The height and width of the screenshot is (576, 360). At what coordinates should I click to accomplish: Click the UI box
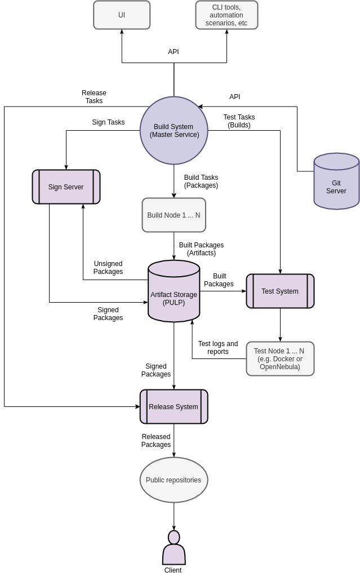point(122,15)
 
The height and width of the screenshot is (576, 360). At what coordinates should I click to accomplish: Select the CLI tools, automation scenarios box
point(226,15)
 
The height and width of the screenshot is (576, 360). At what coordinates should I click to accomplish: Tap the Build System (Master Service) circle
point(174,131)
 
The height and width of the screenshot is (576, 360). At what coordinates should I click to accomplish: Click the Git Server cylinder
point(336,181)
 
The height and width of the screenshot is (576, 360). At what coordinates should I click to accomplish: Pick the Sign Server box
point(66,187)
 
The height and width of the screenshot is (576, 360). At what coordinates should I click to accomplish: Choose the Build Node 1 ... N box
point(174,215)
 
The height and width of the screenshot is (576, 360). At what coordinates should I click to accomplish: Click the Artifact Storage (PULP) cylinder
point(174,291)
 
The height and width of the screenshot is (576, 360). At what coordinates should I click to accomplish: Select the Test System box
point(280,291)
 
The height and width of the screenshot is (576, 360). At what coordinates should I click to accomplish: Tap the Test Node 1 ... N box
point(280,358)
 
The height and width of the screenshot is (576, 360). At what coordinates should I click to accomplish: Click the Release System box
point(174,407)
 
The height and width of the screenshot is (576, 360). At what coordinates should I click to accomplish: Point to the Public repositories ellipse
point(174,480)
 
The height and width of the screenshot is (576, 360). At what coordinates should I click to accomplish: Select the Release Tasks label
point(94,97)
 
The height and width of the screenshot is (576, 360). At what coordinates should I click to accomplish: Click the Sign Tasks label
point(108,122)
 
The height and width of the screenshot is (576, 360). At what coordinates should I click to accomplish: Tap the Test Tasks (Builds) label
point(239,121)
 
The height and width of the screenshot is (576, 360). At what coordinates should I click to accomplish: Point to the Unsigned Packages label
point(108,268)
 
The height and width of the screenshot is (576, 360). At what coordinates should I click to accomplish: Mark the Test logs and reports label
point(218,348)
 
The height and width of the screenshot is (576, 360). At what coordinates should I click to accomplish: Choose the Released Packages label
point(156,441)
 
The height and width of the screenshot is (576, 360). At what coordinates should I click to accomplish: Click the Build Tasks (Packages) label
point(201,181)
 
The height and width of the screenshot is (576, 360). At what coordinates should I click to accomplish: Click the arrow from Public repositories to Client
point(174,516)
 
